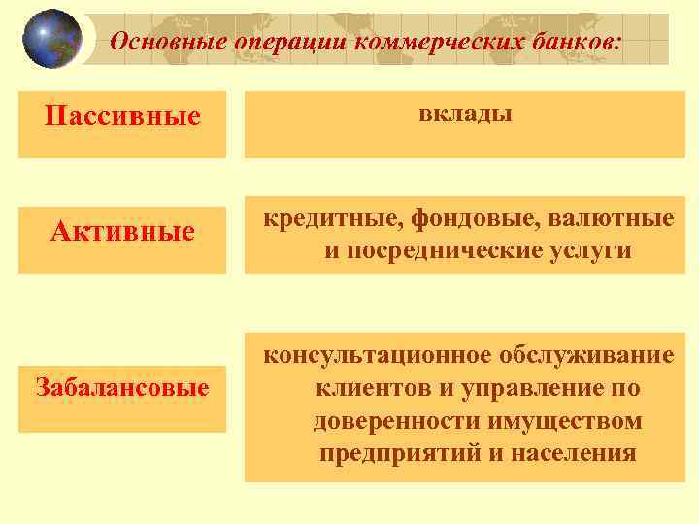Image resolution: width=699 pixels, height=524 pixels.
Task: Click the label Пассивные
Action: point(122,116)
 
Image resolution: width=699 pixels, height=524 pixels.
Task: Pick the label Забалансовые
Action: point(122,388)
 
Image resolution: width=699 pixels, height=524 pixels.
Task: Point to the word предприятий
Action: point(392,453)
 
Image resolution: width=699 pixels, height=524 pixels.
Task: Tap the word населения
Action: point(577,453)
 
